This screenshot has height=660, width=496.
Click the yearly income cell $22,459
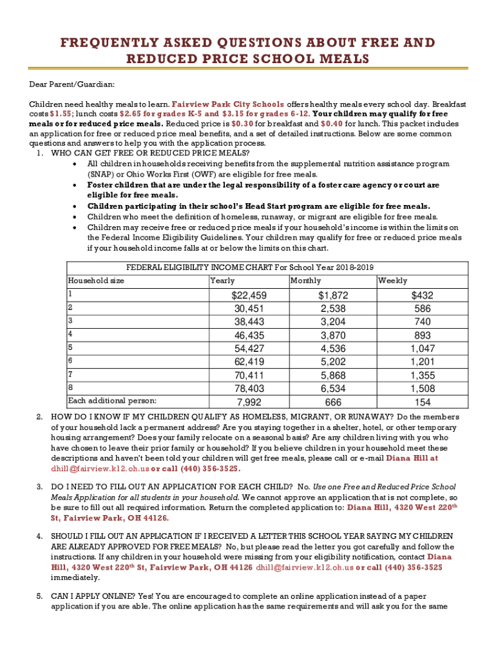tap(249, 295)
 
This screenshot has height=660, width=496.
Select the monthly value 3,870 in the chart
tap(332, 335)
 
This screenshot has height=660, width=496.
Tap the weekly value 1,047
tap(423, 349)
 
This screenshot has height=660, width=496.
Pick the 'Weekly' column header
tap(392, 281)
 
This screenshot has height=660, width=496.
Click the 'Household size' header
tap(96, 281)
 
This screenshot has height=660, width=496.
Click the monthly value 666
tap(332, 402)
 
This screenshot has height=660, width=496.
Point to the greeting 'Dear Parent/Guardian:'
tap(72, 84)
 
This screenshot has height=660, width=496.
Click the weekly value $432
tap(423, 295)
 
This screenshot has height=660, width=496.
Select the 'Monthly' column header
tap(305, 281)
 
